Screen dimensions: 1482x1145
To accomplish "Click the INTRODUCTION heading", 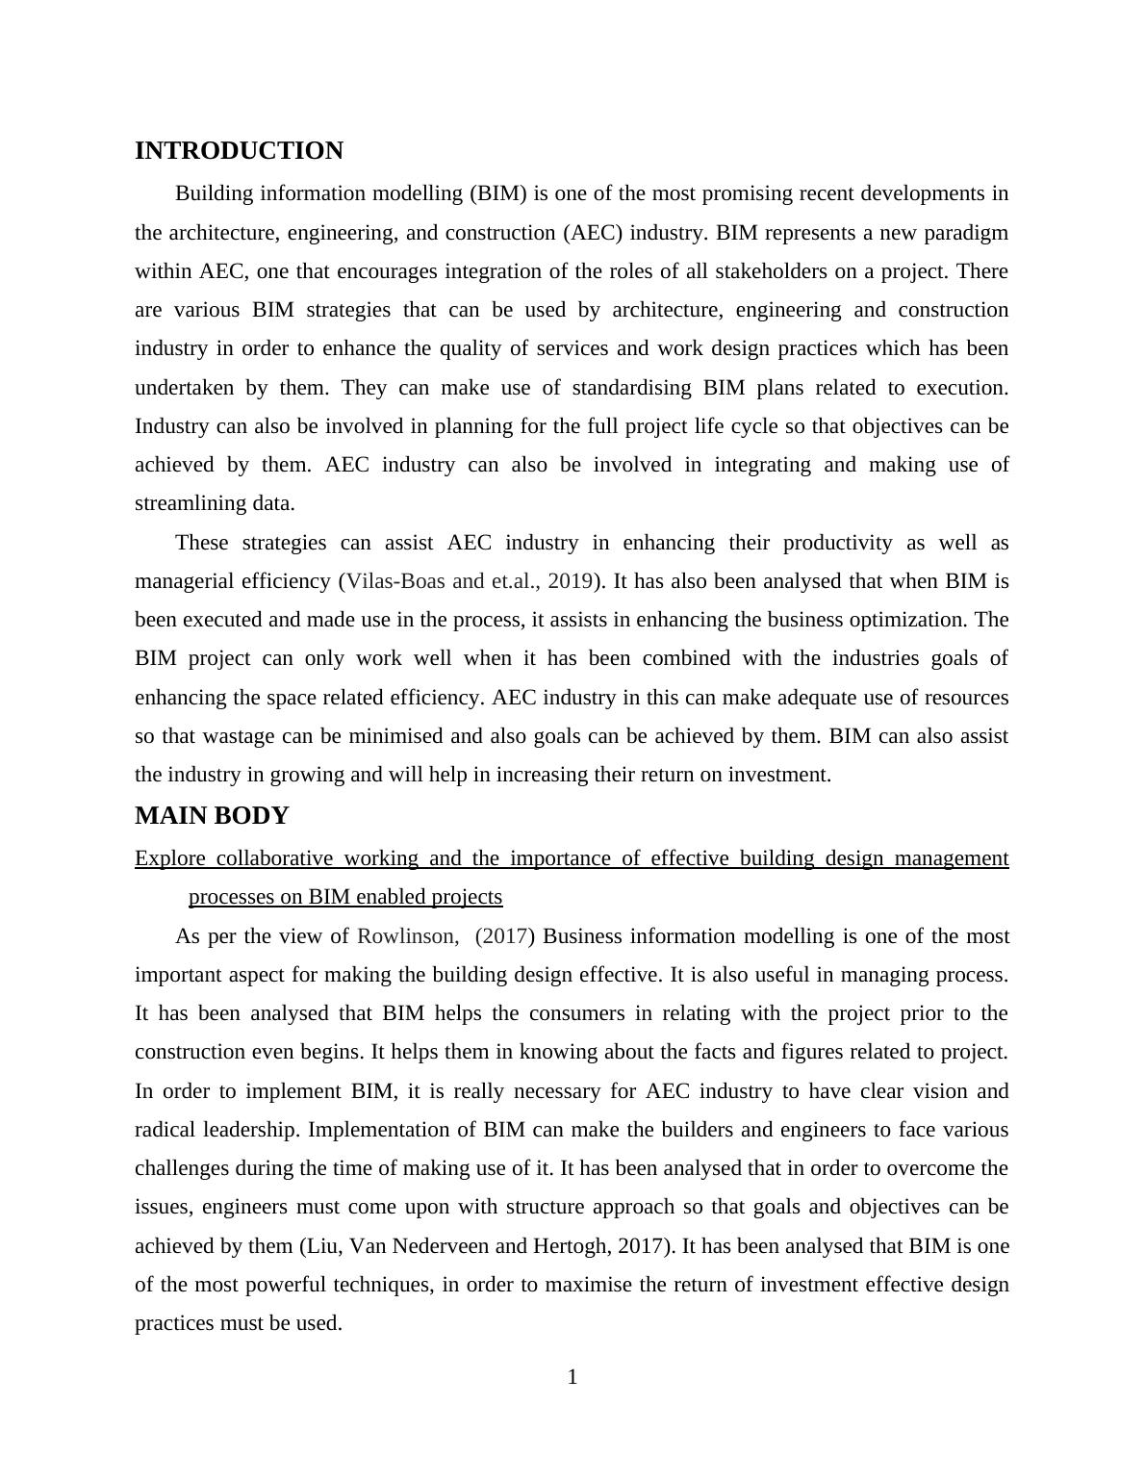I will point(239,151).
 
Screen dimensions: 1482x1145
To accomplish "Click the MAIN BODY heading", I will point(212,816).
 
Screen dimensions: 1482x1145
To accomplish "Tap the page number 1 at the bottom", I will point(572,1378).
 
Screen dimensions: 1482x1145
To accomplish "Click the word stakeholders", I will point(772,271).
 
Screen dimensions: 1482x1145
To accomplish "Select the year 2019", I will point(570,581).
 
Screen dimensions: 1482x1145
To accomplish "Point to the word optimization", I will point(924,620).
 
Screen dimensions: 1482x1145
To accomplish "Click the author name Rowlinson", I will point(405,936).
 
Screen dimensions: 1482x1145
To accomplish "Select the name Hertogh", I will point(569,1246).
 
